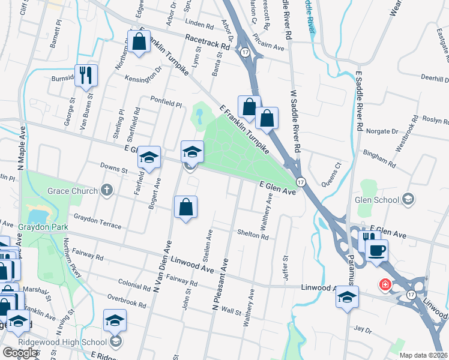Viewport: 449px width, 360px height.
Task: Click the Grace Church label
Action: [x=73, y=191]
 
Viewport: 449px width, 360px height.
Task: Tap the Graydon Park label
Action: [x=34, y=227]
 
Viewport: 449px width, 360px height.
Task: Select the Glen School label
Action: [x=377, y=200]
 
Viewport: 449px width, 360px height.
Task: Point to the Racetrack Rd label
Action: [x=208, y=41]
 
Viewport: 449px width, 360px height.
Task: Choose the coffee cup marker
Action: [x=376, y=250]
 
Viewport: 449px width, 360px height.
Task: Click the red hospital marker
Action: [x=382, y=284]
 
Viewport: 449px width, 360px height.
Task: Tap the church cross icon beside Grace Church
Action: [x=107, y=190]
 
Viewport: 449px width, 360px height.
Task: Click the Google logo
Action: [x=20, y=353]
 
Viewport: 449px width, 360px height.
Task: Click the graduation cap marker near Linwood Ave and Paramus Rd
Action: [x=347, y=296]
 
